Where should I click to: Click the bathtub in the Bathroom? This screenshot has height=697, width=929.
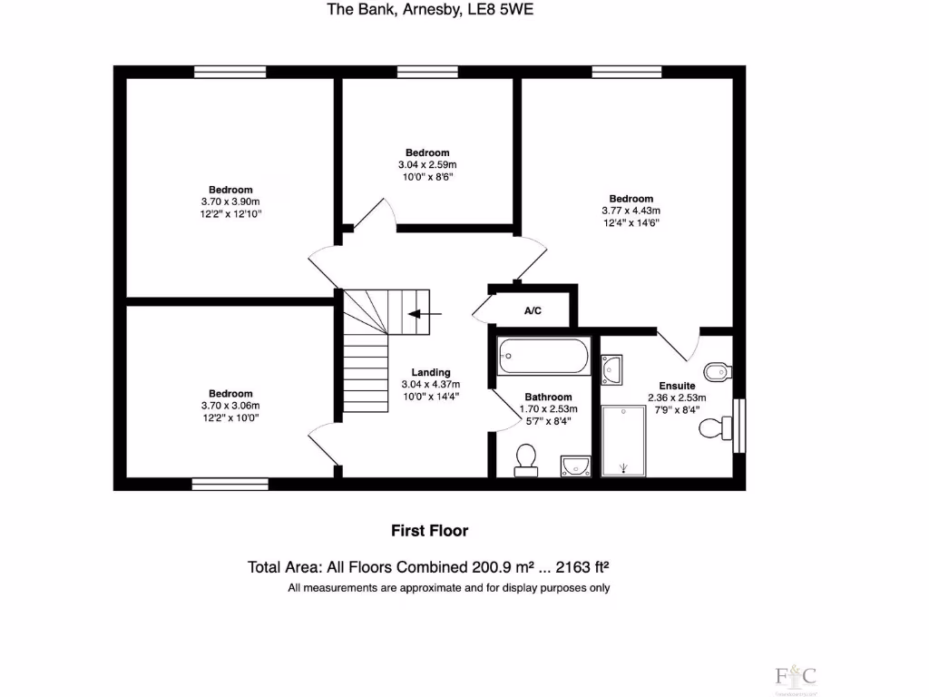(543, 356)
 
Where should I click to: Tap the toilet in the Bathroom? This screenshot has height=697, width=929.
(525, 460)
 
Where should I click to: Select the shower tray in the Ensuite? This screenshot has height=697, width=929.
(623, 440)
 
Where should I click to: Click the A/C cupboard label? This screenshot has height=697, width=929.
(533, 311)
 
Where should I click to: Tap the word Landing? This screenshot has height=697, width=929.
(430, 372)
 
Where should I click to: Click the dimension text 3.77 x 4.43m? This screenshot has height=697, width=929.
(631, 211)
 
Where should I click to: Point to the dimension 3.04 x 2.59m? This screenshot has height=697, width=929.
(426, 164)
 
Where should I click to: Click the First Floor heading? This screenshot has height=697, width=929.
(429, 530)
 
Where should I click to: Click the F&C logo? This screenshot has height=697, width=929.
(796, 676)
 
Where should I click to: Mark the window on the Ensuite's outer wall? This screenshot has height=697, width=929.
(739, 425)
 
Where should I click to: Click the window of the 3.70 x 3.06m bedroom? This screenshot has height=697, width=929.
(230, 484)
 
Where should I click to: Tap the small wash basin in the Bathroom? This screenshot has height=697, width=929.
(574, 466)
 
